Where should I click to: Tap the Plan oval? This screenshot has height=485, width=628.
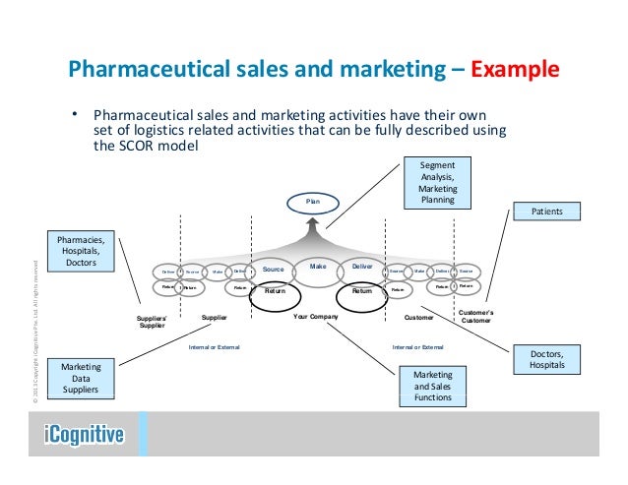pyautogui.click(x=312, y=203)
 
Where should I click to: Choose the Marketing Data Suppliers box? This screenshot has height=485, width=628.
pyautogui.click(x=81, y=380)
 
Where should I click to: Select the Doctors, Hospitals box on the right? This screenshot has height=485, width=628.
pyautogui.click(x=548, y=358)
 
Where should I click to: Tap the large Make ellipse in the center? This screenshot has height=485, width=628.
pyautogui.click(x=317, y=268)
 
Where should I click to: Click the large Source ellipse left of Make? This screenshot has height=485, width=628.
pyautogui.click(x=272, y=268)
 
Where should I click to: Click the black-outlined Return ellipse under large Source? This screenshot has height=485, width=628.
pyautogui.click(x=274, y=292)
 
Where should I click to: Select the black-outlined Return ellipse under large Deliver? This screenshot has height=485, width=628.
pyautogui.click(x=362, y=292)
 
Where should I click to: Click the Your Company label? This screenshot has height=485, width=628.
pyautogui.click(x=316, y=318)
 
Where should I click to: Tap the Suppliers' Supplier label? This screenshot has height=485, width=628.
pyautogui.click(x=152, y=322)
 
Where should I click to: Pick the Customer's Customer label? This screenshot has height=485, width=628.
pyautogui.click(x=476, y=317)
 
